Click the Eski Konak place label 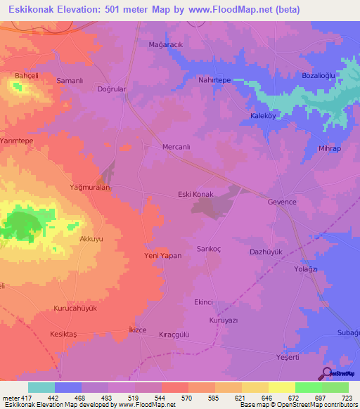195,195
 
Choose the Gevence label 282,202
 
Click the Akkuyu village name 91,239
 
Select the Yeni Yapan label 163,256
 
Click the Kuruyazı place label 225,320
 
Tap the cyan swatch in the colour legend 41,387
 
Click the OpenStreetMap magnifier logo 326,373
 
